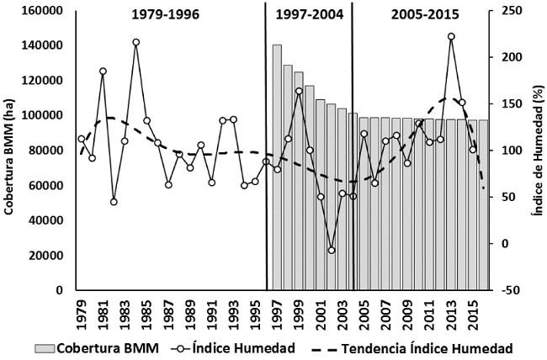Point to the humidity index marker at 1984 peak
coord(135,42)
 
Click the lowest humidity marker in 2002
coord(332,250)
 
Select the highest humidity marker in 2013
coord(451,36)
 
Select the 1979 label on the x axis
coord(82,315)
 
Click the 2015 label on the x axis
coord(473,315)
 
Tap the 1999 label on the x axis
coord(299,315)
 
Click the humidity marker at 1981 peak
coord(103,71)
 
